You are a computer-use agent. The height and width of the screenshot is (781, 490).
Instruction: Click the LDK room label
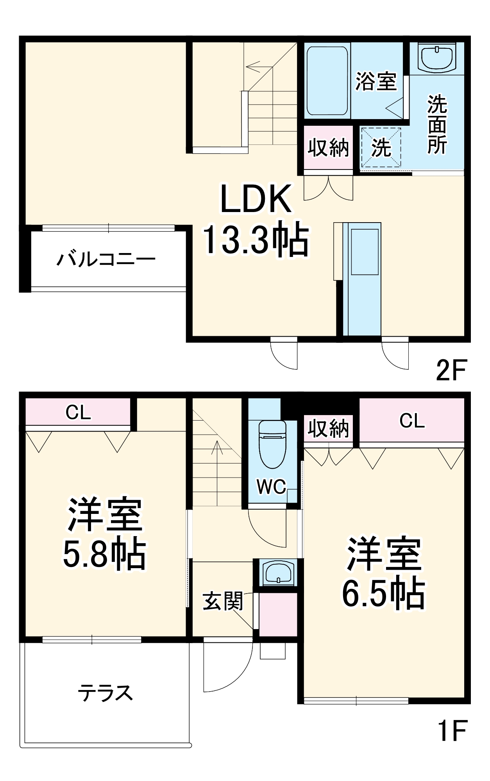[x=256, y=199]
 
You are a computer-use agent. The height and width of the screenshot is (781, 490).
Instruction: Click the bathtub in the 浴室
[x=327, y=81]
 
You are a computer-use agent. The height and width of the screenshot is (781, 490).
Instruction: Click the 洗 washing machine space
[x=381, y=148]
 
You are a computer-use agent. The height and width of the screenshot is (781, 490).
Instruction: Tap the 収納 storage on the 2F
[x=328, y=148]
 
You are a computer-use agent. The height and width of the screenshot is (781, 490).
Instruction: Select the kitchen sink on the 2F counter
[x=365, y=251]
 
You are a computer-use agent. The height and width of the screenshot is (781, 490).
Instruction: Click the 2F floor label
[x=451, y=370]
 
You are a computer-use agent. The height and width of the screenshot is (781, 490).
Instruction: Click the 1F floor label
[x=452, y=730]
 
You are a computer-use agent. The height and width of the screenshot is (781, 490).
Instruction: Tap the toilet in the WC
[x=272, y=443]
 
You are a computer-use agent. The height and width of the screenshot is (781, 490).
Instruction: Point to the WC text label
[x=271, y=487]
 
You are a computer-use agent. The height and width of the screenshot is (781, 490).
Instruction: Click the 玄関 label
[x=223, y=601]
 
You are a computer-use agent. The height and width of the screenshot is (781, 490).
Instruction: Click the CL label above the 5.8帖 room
[x=78, y=412]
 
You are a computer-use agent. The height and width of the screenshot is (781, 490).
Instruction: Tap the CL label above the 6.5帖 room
[x=412, y=421]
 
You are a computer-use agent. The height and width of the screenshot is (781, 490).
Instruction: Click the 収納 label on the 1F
[x=328, y=428]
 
